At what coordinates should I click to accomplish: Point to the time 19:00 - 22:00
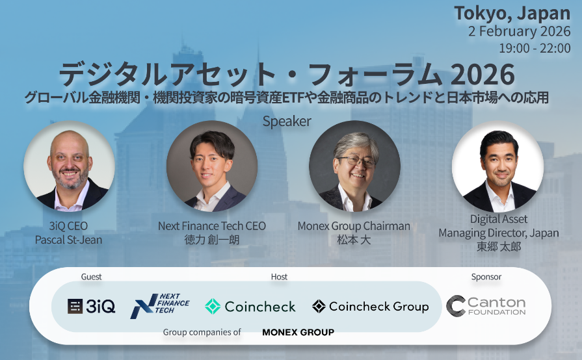coord(535,48)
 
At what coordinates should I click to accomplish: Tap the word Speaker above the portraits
coord(287,122)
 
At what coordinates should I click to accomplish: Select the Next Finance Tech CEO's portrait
coord(212,166)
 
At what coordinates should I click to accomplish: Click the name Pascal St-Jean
coord(69,240)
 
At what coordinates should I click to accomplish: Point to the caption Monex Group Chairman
coord(354,226)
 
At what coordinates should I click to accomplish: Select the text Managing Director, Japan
coord(499,233)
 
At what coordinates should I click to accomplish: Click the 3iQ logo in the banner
coord(91,306)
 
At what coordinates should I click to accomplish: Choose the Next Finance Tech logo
coord(160,306)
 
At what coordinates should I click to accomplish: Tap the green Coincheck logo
coord(250,306)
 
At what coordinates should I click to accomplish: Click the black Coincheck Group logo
coord(370,306)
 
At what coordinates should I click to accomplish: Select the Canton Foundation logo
coord(486,305)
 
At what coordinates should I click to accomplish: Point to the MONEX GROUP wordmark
coord(298,332)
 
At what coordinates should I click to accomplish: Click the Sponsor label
coord(486,277)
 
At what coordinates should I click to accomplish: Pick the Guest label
coord(91,277)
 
